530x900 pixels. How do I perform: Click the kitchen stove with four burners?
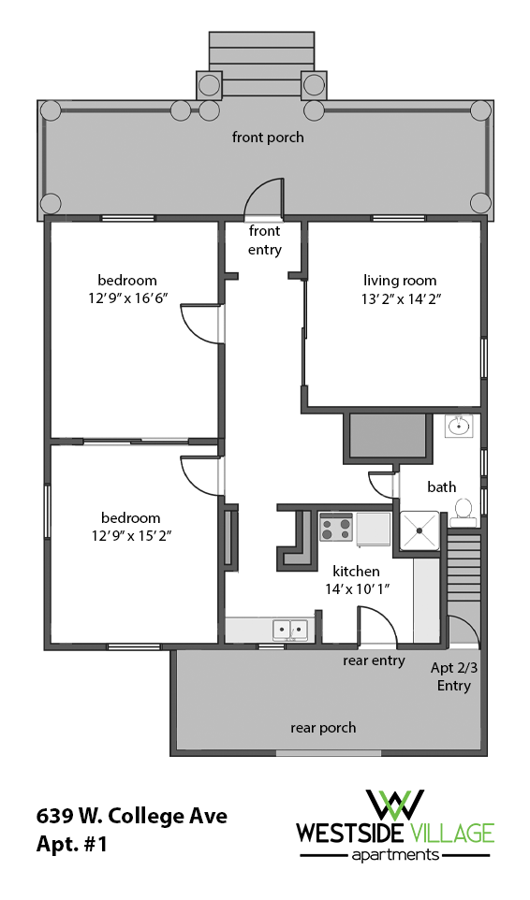pos(335,530)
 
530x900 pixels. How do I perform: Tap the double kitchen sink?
pos(290,630)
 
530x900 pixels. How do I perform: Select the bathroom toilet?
pos(462,511)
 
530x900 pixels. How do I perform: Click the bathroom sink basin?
pos(459,427)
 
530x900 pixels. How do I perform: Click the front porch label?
pos(268,138)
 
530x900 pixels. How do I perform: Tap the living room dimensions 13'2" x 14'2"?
pos(400,298)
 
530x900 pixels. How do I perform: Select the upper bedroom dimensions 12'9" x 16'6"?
pos(127,298)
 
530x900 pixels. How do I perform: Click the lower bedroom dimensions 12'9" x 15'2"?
pos(130,536)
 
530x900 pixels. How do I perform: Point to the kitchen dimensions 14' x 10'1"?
pos(356,588)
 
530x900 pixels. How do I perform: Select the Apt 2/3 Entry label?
pos(453,676)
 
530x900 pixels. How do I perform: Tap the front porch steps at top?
pos(261,64)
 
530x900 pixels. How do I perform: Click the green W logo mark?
pos(394,805)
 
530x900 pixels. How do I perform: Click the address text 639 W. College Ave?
pos(131,816)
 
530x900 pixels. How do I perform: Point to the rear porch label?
pos(323,727)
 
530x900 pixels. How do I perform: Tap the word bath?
pos(441,486)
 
